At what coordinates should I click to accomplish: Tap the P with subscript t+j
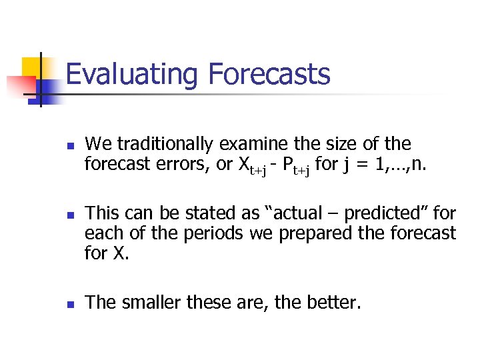[297, 166]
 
